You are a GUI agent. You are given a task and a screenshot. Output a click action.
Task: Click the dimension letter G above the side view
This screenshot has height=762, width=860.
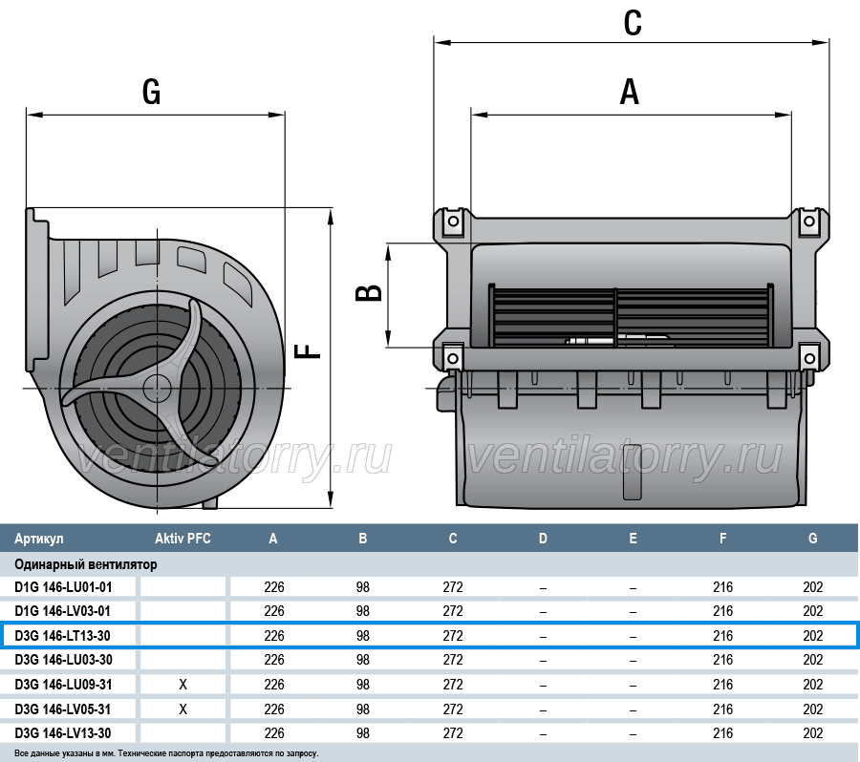point(151,92)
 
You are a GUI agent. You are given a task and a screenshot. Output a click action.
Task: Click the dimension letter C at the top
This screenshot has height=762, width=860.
point(633,23)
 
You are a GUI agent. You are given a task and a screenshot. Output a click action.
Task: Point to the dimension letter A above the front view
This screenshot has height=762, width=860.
point(630,92)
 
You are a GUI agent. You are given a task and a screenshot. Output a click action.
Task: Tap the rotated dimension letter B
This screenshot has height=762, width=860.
point(369,293)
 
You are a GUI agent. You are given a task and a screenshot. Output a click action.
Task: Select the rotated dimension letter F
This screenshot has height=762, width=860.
point(308,350)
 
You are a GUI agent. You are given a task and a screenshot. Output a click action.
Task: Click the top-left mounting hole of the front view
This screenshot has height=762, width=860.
point(453,222)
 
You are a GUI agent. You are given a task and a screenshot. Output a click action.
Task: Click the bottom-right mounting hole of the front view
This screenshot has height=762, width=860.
point(809,359)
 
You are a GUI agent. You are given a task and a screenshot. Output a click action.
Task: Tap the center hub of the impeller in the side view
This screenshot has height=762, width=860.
point(158,388)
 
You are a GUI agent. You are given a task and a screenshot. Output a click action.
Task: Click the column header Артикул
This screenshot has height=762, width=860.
point(39,539)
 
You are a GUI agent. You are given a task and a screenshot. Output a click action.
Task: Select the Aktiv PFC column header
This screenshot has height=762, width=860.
point(183,539)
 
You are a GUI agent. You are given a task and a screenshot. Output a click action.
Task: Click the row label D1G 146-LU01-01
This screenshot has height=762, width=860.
point(63,587)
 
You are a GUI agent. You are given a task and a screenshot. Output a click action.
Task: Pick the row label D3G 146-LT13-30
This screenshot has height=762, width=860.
point(62,636)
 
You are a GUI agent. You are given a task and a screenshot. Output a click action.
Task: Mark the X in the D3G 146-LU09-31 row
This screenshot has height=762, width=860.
point(183,684)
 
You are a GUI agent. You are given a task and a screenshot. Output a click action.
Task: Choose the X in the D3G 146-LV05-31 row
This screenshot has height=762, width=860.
point(183,709)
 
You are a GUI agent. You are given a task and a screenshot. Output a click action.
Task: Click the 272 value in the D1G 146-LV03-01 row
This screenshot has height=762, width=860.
point(453,611)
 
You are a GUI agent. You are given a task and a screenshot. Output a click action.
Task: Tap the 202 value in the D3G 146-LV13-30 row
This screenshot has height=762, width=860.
point(813,733)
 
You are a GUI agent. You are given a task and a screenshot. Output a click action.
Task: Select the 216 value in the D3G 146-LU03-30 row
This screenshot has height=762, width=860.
point(723,660)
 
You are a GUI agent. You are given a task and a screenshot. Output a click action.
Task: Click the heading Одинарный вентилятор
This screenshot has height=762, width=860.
point(86,564)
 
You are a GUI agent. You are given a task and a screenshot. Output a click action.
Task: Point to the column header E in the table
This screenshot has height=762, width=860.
point(633,539)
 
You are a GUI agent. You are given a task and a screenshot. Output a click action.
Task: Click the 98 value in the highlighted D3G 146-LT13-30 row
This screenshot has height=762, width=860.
point(362,636)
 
